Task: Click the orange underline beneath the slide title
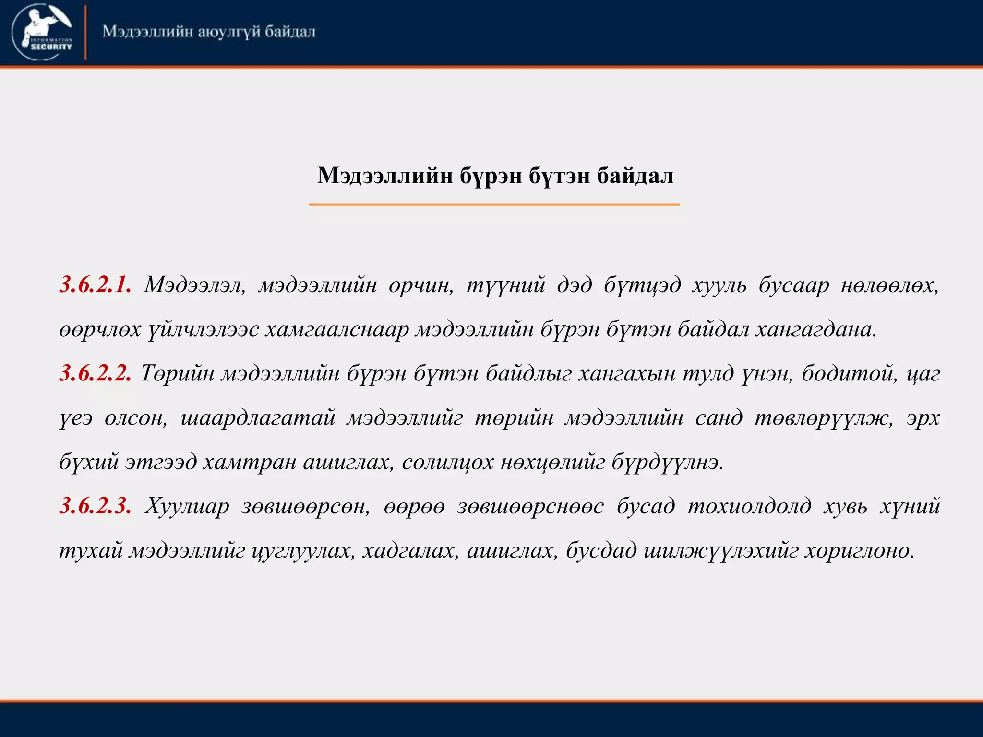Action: (x=494, y=205)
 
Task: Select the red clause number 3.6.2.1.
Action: (x=96, y=285)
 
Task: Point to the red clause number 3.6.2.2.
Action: (x=96, y=373)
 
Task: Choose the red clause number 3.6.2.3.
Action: (x=96, y=506)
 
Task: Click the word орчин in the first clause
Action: (x=421, y=285)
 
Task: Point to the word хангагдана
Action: (x=815, y=330)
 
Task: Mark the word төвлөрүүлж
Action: (x=824, y=418)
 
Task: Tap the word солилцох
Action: (x=448, y=462)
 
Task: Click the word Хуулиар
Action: (x=187, y=506)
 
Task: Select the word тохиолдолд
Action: (x=749, y=506)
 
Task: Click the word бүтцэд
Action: (x=642, y=285)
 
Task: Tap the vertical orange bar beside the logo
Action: (x=85, y=33)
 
